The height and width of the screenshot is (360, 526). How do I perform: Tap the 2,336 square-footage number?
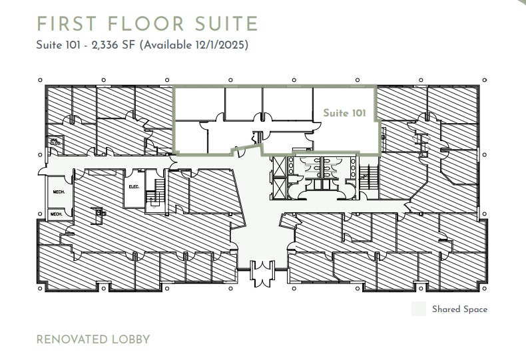[x=101, y=45]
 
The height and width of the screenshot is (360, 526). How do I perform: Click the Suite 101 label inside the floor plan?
[x=344, y=113]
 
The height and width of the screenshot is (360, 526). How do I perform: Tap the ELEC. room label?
[x=134, y=187]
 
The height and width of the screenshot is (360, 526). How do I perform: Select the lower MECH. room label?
[x=57, y=214]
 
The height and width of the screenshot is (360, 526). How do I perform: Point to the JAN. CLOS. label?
[x=55, y=142]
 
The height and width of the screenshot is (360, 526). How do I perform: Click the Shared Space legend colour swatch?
[x=419, y=309]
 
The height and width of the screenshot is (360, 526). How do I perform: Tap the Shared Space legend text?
[x=459, y=309]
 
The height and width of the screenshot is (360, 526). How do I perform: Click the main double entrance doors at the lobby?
[x=262, y=273]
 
